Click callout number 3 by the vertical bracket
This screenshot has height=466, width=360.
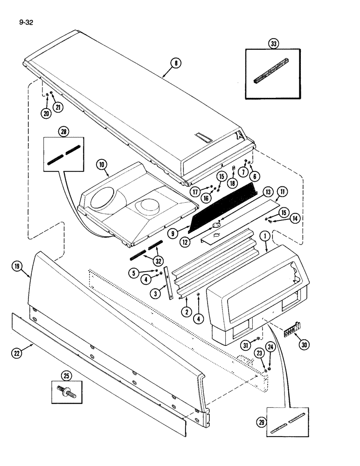tap(154, 293)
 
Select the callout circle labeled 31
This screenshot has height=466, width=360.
tap(246, 344)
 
